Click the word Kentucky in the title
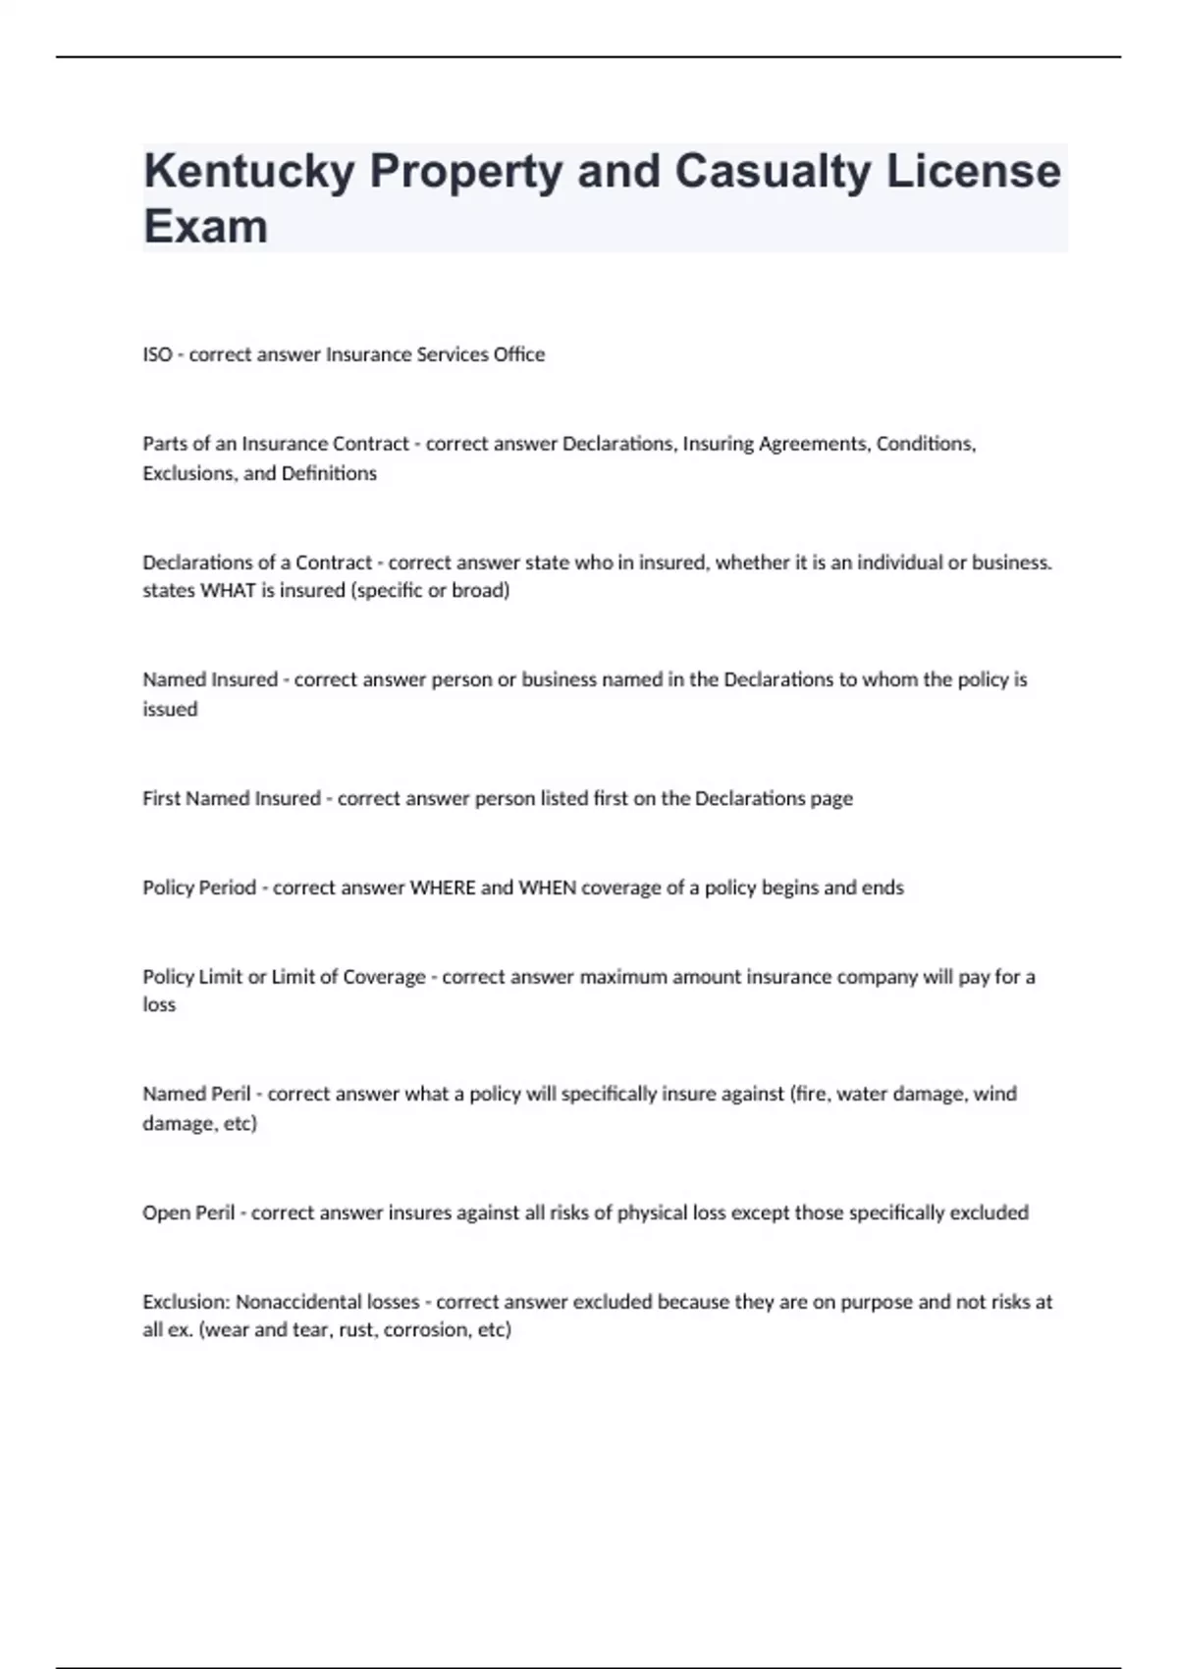point(249,172)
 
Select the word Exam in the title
point(205,227)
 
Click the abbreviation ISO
point(157,354)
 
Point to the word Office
point(519,354)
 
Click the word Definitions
point(329,473)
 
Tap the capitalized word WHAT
point(228,591)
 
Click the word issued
point(170,709)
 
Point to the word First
point(162,798)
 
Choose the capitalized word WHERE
point(443,888)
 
